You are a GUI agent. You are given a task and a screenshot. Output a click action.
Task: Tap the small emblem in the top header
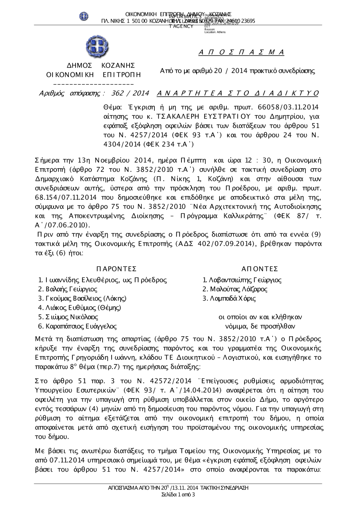(84, 16)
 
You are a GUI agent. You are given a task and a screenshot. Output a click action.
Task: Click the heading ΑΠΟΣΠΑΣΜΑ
(241, 53)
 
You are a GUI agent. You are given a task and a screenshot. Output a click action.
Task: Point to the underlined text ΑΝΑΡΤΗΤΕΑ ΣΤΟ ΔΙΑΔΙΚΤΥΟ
(238, 94)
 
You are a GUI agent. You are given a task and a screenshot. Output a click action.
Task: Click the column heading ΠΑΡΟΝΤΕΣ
(117, 269)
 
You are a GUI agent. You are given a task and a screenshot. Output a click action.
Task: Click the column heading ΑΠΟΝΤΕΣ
(260, 269)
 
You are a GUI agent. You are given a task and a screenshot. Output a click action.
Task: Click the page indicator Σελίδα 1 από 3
(179, 495)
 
